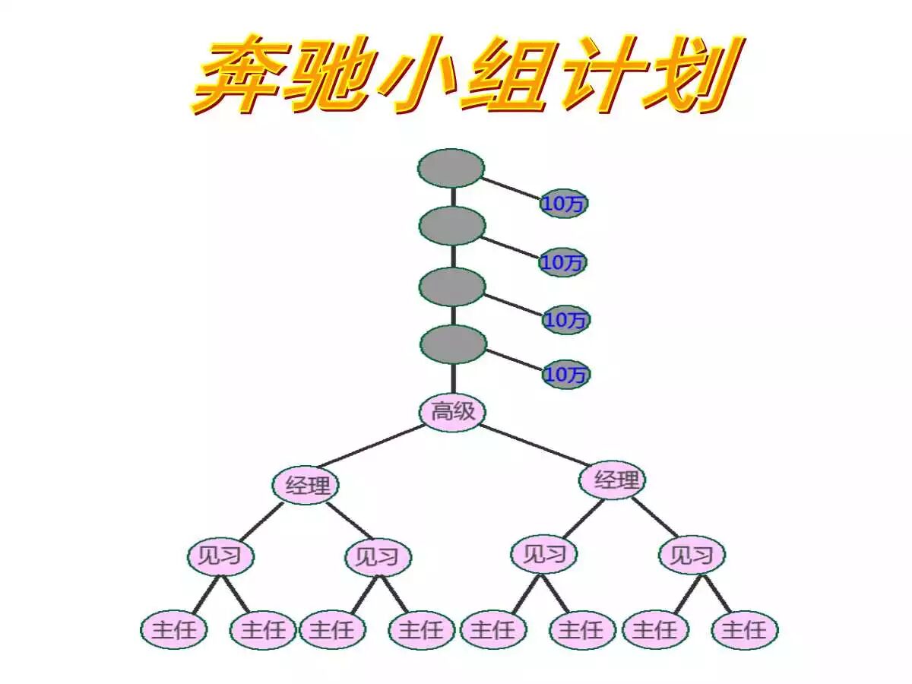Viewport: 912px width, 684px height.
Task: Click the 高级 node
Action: pyautogui.click(x=453, y=413)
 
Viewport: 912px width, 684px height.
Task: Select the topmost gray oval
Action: pyautogui.click(x=451, y=168)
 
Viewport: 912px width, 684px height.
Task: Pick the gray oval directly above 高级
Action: pyautogui.click(x=453, y=344)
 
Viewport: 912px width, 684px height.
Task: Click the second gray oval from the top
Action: pyautogui.click(x=452, y=226)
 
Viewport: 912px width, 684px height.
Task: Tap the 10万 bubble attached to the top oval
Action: pyautogui.click(x=564, y=204)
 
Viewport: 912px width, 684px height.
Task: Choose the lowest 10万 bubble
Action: pyautogui.click(x=566, y=375)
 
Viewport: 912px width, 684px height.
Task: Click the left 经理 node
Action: pyautogui.click(x=306, y=485)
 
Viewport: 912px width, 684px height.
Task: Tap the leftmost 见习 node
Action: pyautogui.click(x=220, y=556)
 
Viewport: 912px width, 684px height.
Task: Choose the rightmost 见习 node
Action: pyautogui.click(x=692, y=555)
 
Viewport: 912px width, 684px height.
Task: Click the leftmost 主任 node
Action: pyautogui.click(x=174, y=630)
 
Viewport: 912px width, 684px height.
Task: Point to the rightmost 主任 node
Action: pyautogui.click(x=745, y=630)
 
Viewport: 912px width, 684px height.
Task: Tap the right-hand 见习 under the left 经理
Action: pyautogui.click(x=378, y=557)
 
